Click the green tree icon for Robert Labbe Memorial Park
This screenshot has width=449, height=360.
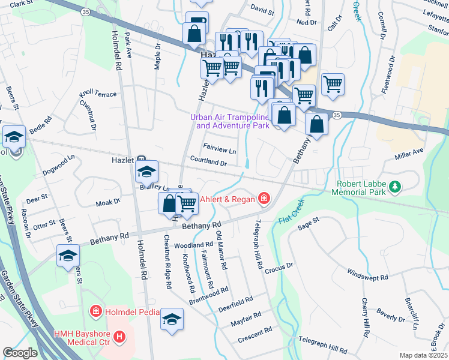coord(394,188)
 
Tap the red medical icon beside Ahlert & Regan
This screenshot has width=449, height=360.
coord(263,198)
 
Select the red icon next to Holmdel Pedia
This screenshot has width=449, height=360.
coord(95,311)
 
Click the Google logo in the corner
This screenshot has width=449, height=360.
coord(19,353)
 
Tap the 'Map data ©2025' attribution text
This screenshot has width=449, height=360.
coord(423,355)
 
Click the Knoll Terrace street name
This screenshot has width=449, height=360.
coord(97,95)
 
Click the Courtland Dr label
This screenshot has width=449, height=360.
coord(208,162)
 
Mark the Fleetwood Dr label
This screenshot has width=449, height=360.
coord(388,76)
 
